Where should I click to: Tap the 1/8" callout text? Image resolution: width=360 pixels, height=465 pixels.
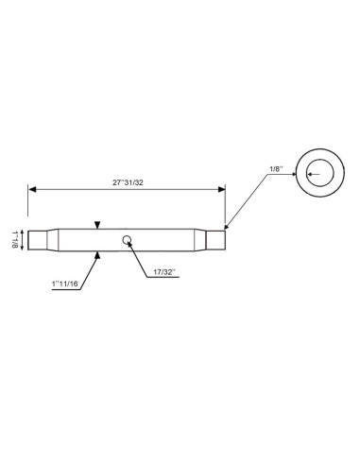tap(277, 168)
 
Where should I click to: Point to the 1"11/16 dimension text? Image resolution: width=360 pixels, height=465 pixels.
tap(65, 283)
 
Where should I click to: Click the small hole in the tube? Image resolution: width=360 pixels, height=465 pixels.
tap(127, 240)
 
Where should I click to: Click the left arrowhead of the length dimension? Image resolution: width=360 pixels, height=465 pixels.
tap(31, 190)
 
